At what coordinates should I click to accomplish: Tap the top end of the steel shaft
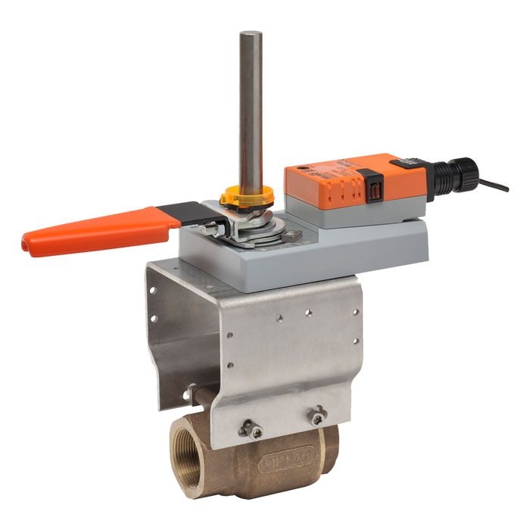tap(249, 34)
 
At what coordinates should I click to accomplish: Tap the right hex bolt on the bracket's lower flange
tap(317, 414)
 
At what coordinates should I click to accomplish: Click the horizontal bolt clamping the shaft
tap(216, 225)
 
